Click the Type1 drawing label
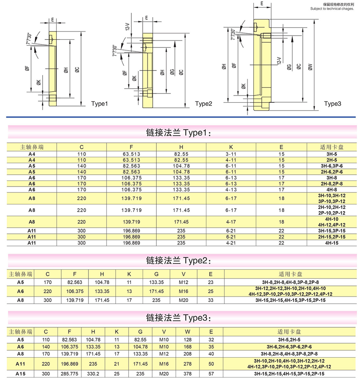(100, 104)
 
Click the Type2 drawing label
(203, 104)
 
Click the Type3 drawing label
(333, 104)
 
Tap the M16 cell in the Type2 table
(183, 291)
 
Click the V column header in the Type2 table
(183, 274)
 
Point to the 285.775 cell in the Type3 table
(71, 374)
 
